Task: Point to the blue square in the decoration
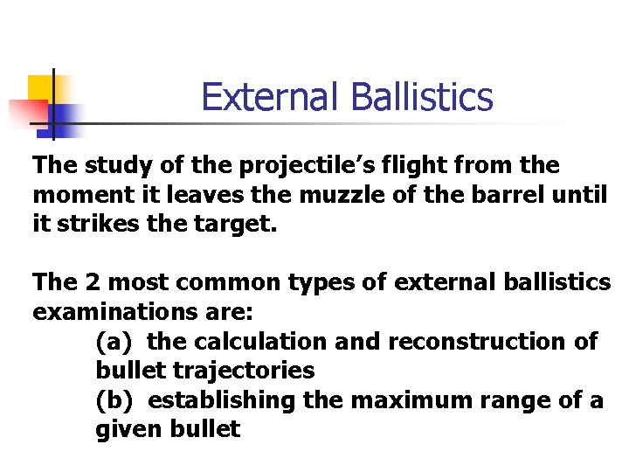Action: [63, 117]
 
